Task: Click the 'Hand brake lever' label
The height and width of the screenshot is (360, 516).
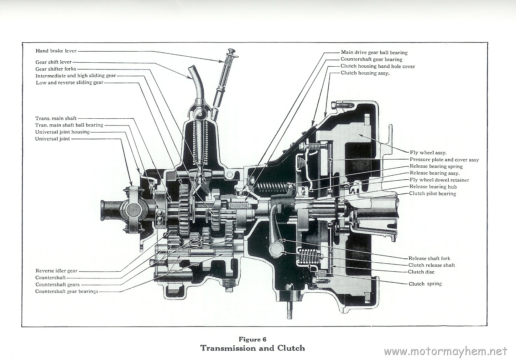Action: (x=56, y=51)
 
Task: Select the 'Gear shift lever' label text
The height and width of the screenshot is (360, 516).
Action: (x=53, y=62)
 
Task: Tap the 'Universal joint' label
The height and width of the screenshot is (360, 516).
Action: (x=52, y=139)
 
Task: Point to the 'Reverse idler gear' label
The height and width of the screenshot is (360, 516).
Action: (x=56, y=271)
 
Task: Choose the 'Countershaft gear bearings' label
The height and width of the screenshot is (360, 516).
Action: (x=67, y=291)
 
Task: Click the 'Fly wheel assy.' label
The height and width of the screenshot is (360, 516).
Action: (x=428, y=153)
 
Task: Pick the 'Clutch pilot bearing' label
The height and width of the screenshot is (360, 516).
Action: (x=432, y=194)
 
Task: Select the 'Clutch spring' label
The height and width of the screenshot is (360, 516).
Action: (x=425, y=284)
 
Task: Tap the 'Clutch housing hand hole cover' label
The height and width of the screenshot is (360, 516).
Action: (x=377, y=66)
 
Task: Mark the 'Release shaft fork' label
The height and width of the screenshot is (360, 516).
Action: (x=429, y=258)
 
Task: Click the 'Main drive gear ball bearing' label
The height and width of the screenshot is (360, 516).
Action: (x=374, y=52)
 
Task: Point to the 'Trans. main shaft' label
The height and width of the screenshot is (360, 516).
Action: (x=56, y=118)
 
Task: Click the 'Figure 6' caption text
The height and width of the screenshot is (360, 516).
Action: (x=252, y=339)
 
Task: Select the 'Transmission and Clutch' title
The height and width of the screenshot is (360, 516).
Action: (x=253, y=348)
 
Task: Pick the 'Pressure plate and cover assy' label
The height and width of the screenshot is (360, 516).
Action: (x=444, y=160)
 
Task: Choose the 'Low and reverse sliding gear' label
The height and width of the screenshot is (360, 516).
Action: (x=69, y=83)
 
